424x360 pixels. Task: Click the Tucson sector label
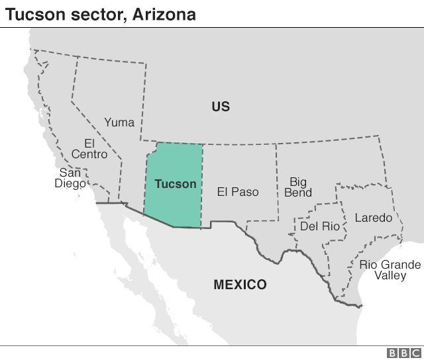click(x=175, y=184)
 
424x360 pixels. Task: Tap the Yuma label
click(x=119, y=122)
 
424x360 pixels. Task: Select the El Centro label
click(x=89, y=149)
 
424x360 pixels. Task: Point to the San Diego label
click(x=70, y=178)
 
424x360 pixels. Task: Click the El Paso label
click(x=238, y=192)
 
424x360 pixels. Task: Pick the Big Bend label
click(x=297, y=187)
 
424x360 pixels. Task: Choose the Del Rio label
click(x=319, y=226)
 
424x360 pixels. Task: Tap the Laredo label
click(x=373, y=217)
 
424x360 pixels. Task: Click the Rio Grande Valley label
click(x=390, y=270)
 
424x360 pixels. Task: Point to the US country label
click(x=221, y=107)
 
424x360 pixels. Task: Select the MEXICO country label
click(x=240, y=285)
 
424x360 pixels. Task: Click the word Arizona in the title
click(x=166, y=13)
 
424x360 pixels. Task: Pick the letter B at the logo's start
click(x=392, y=353)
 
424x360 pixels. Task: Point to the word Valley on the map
click(x=390, y=275)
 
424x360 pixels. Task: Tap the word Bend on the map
click(x=297, y=193)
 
